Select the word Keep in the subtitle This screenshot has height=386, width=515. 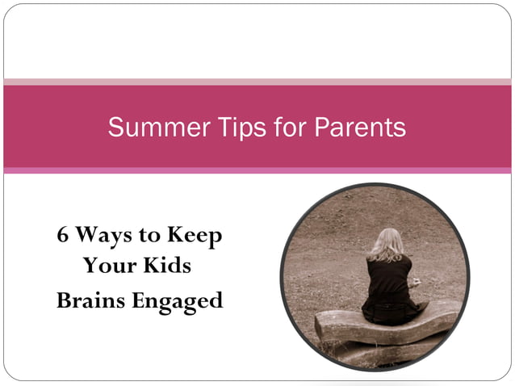point(195,237)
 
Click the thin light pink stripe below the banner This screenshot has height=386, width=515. point(257,170)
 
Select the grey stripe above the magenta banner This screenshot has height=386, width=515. point(257,82)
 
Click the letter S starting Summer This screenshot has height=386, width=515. point(115,128)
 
